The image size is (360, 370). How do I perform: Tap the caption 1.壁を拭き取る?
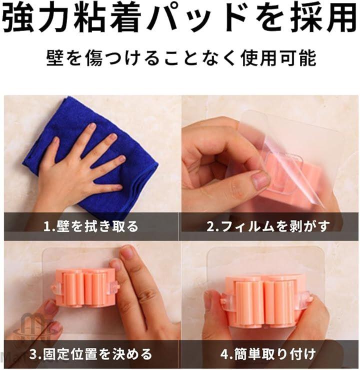pos(91,226)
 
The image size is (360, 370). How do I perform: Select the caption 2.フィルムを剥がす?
pos(268,226)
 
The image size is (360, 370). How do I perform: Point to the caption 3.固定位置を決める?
pos(91,354)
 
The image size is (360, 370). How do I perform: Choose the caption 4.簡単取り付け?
pos(268,354)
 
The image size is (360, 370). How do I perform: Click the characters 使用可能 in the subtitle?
pos(278,58)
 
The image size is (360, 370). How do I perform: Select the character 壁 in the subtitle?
pos(55,58)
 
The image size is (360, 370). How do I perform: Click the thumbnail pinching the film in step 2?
pos(260,180)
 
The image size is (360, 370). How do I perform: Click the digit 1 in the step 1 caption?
pos(46,226)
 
